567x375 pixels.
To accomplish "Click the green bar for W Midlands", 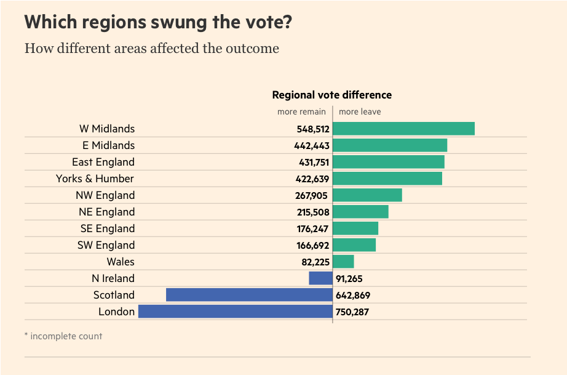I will pos(403,129).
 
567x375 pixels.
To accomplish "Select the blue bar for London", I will pos(235,312).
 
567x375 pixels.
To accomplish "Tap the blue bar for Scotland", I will pos(249,295).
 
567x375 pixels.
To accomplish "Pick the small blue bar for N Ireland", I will pos(320,278).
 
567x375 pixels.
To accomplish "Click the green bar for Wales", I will pos(343,262).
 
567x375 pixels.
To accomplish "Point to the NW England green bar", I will pos(367,195).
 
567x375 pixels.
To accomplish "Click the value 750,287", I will pos(352,312).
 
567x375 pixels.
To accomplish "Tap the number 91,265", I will pos(349,279).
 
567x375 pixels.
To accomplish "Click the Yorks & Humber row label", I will pos(95,179).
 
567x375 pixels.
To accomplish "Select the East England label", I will pos(103,162).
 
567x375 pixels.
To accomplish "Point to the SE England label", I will pos(107,228).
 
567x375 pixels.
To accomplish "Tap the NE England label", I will pos(106,212).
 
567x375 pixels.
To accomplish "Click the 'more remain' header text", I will pos(301,112).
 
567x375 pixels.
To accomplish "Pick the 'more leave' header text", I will pos(360,112).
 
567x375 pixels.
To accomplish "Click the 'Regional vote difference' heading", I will pos(331,95).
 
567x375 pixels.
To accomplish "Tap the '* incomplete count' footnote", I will pos(63,336).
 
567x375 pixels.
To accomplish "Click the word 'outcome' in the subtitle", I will pos(254,48).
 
